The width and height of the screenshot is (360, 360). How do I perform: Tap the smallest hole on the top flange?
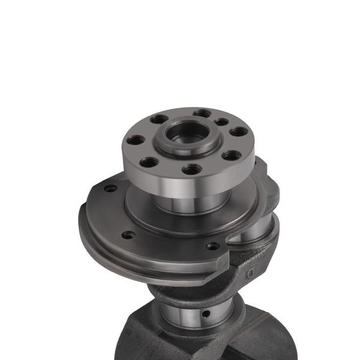pos(221,122)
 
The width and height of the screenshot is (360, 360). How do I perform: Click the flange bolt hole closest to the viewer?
pos(191,169)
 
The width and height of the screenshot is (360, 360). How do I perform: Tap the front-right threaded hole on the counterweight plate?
pos(212,245)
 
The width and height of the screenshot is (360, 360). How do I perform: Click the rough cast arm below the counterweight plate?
pos(198,285)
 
